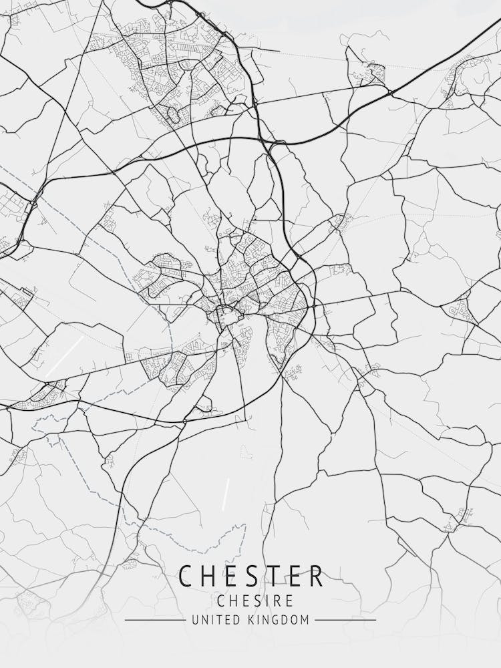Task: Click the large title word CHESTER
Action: pos(251,576)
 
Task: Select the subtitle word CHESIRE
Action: pos(251,601)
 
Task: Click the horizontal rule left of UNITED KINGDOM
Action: pos(154,621)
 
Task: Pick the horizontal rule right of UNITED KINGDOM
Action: pos(345,621)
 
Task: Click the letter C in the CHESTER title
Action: pos(187,576)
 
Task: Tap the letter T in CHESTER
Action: pos(271,576)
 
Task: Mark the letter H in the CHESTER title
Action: pos(209,576)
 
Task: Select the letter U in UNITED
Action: pos(194,621)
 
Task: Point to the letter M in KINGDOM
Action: pos(305,621)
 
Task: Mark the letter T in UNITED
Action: pos(214,621)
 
